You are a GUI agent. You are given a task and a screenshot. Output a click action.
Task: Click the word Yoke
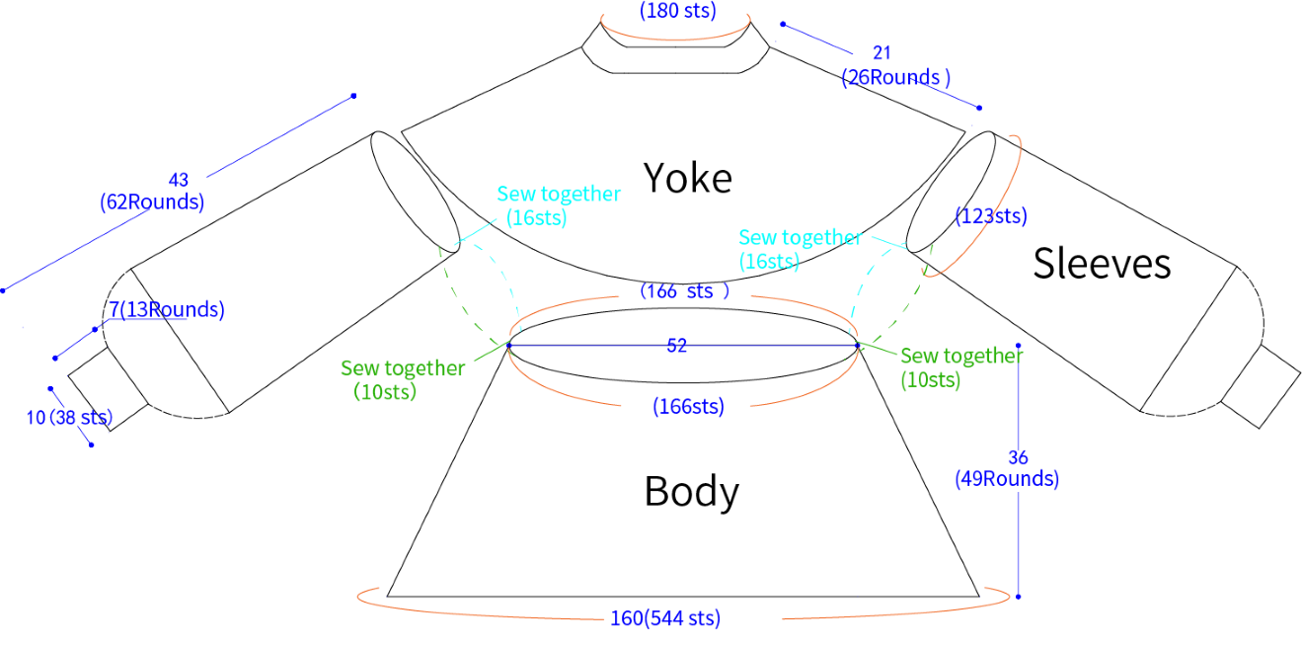[687, 178]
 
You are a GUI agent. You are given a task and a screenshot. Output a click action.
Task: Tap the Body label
[692, 492]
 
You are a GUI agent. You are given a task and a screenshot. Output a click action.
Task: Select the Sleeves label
[1102, 264]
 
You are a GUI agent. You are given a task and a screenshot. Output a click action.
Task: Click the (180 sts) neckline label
[678, 11]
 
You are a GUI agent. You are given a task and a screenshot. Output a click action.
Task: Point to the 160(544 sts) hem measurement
[665, 618]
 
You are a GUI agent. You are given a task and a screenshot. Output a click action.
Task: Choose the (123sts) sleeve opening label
[991, 216]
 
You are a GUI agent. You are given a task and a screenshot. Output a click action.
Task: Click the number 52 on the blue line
[676, 346]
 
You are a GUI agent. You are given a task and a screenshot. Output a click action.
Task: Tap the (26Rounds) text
[895, 77]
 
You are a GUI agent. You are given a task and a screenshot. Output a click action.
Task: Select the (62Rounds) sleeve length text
[152, 202]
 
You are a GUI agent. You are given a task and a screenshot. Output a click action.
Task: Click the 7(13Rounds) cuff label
[167, 309]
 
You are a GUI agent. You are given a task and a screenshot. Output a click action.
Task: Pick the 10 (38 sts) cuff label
[69, 417]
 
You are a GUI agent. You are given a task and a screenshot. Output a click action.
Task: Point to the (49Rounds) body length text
[1007, 479]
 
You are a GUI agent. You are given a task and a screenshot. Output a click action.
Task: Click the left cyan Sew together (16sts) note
[559, 205]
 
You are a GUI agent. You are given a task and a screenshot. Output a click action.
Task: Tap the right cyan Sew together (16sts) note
[800, 249]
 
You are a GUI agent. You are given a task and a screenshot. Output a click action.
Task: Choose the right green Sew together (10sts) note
[961, 367]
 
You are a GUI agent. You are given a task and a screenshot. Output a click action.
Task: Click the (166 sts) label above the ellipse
[684, 291]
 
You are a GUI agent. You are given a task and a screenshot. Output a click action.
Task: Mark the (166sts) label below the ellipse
[688, 406]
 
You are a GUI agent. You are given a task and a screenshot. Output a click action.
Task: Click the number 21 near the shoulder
[881, 53]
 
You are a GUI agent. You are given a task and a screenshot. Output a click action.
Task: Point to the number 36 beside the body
[1018, 457]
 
